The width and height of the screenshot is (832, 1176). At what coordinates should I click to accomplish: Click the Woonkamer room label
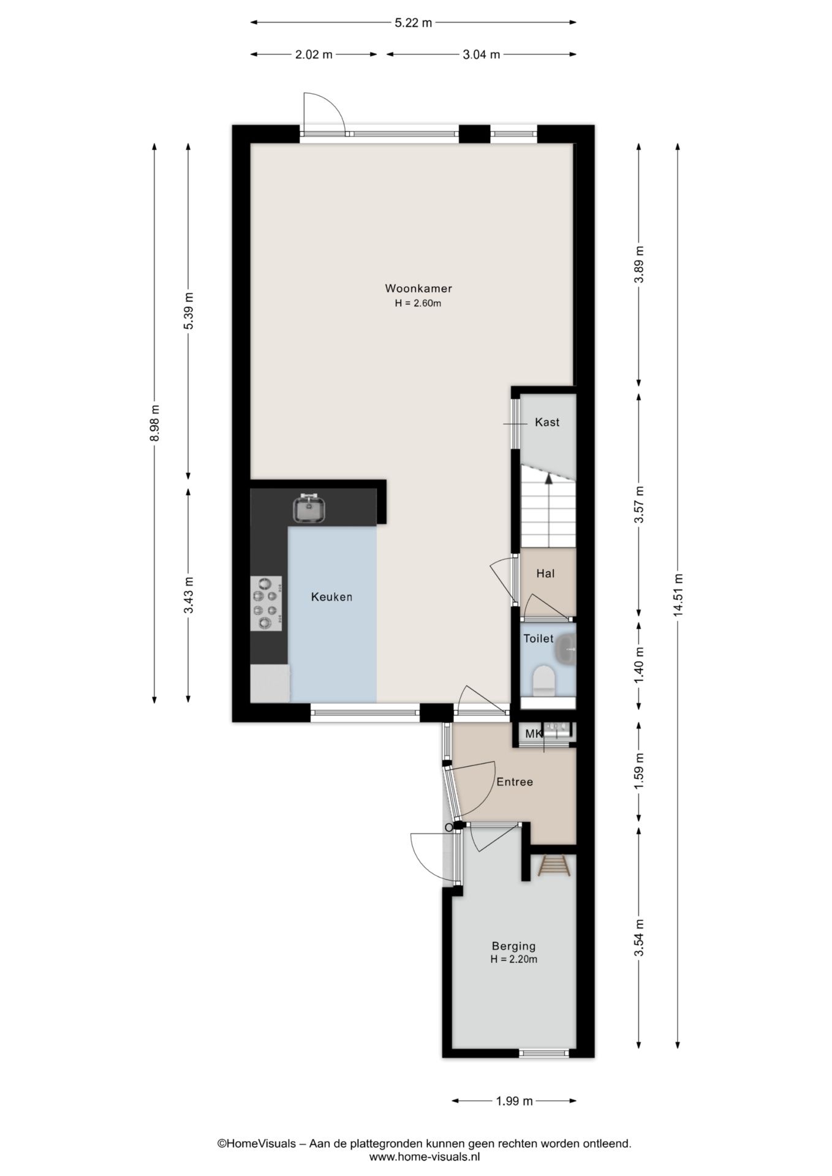418,288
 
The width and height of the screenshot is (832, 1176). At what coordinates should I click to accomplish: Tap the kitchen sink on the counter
309,508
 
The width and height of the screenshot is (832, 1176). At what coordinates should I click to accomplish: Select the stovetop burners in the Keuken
267,604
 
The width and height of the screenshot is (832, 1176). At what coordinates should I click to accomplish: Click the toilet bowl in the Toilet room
543,682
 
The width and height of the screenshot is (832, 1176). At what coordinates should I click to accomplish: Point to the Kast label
547,422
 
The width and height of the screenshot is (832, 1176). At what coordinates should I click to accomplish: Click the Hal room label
545,573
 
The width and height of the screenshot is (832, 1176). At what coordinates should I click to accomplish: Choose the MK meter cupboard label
533,733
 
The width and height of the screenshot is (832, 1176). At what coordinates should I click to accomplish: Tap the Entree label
515,782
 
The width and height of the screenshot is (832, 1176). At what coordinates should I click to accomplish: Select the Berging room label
513,946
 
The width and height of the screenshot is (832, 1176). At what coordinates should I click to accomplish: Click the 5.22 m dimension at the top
414,23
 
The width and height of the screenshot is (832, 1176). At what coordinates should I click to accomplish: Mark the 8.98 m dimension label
154,423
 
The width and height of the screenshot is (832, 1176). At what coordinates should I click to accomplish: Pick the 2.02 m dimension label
314,55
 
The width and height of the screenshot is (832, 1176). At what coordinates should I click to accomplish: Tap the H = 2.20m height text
513,960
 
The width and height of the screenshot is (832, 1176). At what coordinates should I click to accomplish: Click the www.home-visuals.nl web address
424,1156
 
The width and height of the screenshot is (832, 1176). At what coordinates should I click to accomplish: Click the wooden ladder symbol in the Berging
554,866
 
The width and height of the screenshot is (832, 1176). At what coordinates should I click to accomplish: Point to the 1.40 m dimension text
639,665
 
